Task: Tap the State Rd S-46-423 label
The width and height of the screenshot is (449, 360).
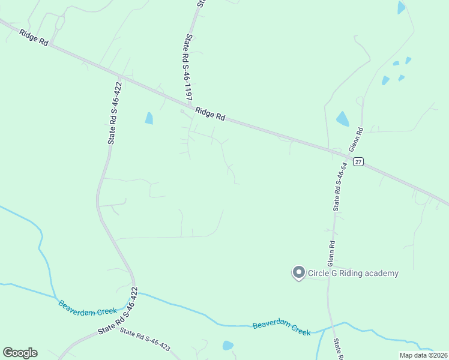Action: point(145,339)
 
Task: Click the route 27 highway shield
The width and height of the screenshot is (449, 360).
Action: point(358,161)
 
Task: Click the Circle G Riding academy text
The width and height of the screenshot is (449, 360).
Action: point(353,274)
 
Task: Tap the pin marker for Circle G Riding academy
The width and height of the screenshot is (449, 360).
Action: point(298,273)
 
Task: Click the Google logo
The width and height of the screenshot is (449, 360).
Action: point(20,353)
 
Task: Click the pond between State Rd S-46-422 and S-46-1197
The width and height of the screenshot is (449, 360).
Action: point(149,118)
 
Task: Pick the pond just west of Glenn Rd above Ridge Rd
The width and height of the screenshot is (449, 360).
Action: point(342,119)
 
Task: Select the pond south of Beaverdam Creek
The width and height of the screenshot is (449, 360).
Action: point(228,345)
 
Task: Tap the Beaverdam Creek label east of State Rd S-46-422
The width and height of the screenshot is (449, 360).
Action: point(282,328)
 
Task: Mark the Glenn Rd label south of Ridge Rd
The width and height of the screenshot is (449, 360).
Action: point(331,254)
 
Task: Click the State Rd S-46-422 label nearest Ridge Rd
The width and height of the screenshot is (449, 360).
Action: point(115,113)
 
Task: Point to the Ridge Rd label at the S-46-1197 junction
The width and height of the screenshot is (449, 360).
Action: point(210,114)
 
